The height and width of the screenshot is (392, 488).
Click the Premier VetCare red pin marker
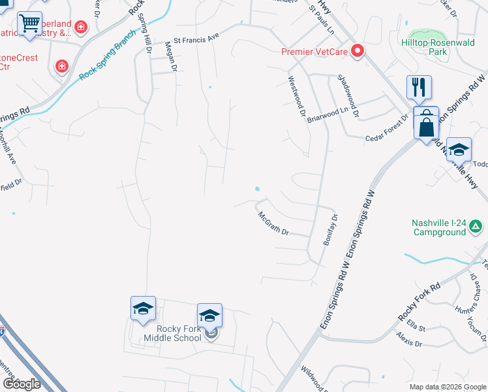tap(357, 51)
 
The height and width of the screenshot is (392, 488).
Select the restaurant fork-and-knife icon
tap(418, 87)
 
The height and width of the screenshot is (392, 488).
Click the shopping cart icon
tap(29, 24)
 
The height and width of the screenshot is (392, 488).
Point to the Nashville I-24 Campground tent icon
tap(477, 227)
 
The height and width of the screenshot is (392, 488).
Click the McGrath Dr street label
tap(273, 223)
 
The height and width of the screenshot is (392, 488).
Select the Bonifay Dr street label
tap(331, 230)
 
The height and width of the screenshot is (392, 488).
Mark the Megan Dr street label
tap(171, 56)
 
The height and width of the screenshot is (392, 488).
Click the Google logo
tap(22, 384)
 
